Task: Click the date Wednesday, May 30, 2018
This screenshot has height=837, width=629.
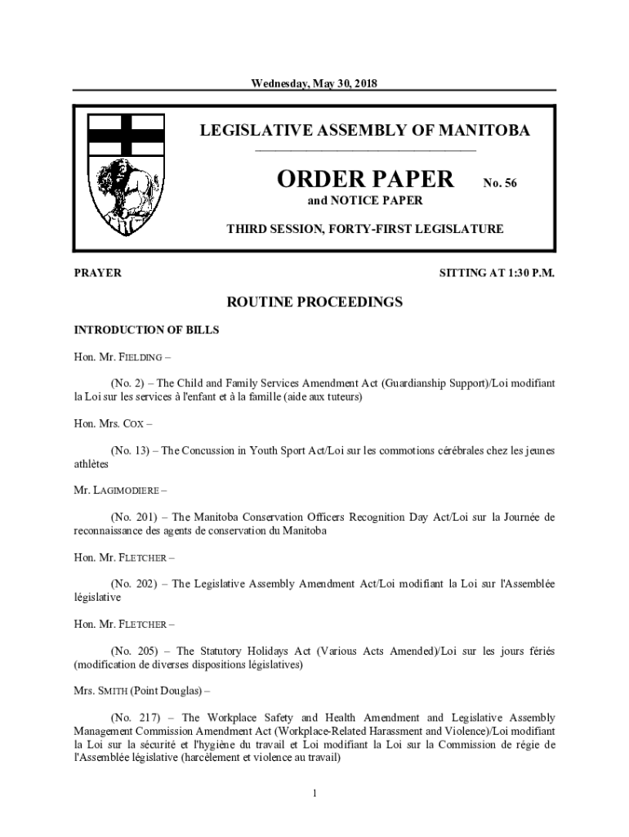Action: [x=314, y=83]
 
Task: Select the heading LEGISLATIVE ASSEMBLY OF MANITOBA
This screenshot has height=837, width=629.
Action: [x=365, y=131]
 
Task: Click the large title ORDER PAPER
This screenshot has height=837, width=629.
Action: [x=364, y=179]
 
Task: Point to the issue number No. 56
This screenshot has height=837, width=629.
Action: [x=500, y=184]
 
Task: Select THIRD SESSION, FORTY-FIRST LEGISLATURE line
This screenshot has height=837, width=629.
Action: [x=364, y=229]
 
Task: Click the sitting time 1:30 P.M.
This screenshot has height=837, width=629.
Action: [x=527, y=273]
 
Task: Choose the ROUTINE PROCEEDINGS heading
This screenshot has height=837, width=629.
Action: [x=314, y=302]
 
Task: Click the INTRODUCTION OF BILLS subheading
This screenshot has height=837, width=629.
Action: [x=146, y=330]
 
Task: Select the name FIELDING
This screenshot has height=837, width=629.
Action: [x=143, y=357]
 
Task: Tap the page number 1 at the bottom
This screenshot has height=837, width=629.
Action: [x=314, y=793]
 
